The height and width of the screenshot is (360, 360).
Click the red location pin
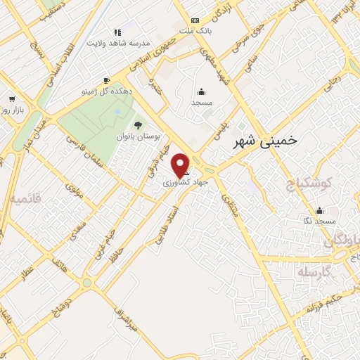[x=181, y=165]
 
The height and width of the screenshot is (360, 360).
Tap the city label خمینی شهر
[x=264, y=140]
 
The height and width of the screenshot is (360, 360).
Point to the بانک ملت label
[x=195, y=32]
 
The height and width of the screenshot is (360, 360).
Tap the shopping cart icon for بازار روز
[x=11, y=99]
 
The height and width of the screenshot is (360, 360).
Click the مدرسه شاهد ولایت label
[x=118, y=43]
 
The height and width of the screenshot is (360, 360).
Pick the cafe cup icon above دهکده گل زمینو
[x=105, y=80]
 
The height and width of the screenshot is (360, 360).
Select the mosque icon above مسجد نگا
[x=320, y=210]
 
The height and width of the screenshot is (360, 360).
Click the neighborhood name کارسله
[x=314, y=272]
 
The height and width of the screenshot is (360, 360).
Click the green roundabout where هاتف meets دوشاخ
[x=86, y=283]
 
